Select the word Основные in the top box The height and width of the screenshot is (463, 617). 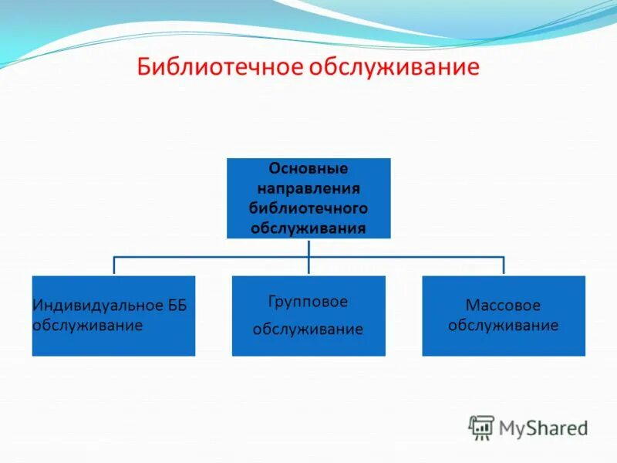click(308, 168)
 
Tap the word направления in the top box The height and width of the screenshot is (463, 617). click(308, 188)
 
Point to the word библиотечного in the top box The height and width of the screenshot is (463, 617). click(308, 208)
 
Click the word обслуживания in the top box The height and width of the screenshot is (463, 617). click(308, 228)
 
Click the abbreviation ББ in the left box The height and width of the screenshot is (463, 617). click(177, 306)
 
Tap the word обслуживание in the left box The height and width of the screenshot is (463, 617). click(87, 325)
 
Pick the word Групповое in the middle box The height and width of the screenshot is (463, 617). click(308, 301)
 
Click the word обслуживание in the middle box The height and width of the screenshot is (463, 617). click(308, 330)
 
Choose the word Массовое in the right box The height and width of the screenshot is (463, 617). click(503, 306)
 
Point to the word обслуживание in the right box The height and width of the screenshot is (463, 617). click(503, 325)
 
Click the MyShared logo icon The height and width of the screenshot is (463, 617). click(481, 426)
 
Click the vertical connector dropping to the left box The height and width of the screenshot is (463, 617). click(114, 265)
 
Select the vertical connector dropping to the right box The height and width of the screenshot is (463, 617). click(504, 265)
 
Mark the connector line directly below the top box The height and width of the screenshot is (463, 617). click(308, 247)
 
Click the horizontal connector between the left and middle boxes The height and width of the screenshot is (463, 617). click(211, 256)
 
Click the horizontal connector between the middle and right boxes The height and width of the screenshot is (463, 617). click(406, 256)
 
